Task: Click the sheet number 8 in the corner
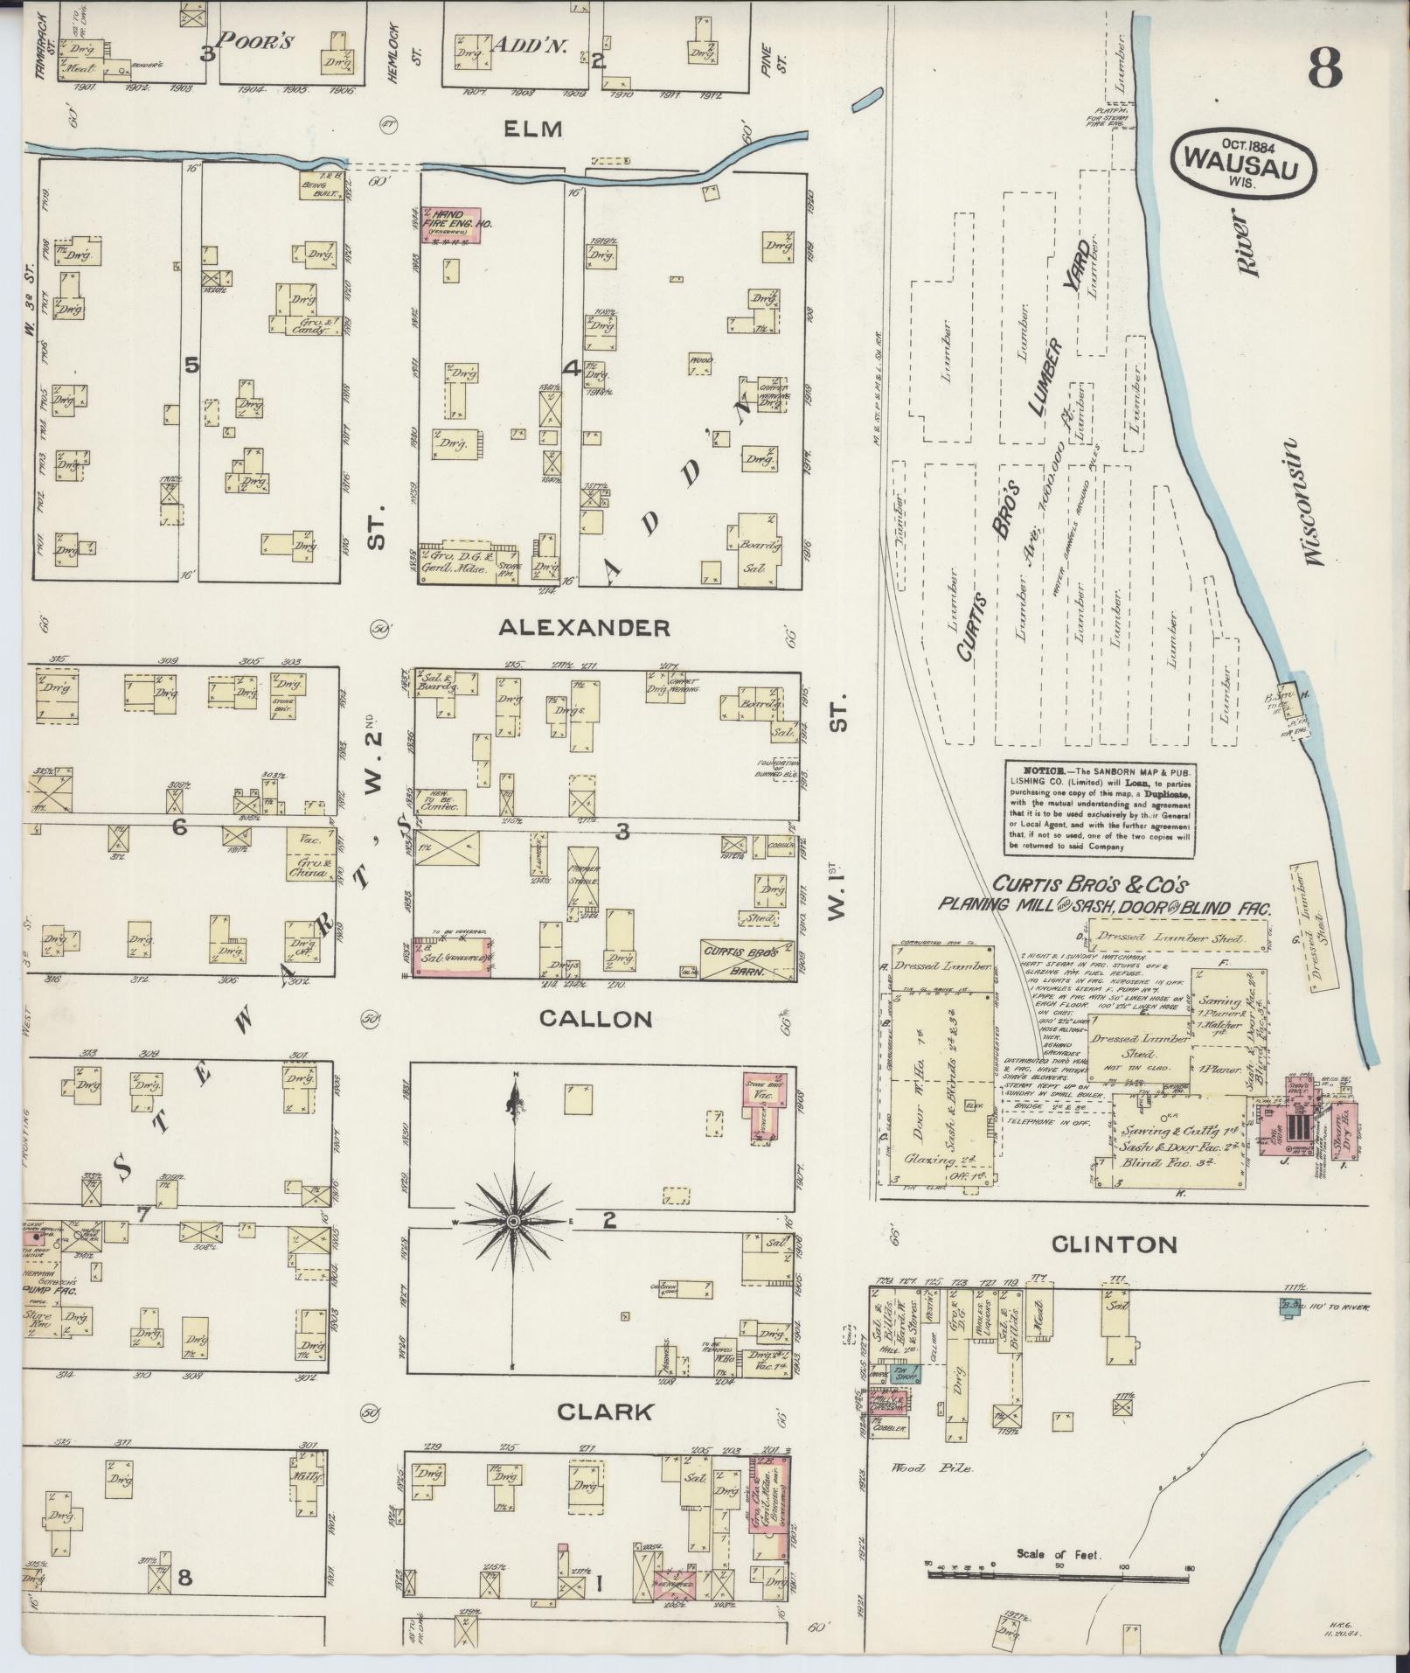click(1325, 68)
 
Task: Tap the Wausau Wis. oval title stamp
click(1244, 159)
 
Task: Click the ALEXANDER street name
click(584, 627)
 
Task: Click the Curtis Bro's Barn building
click(747, 952)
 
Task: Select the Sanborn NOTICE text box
click(1099, 807)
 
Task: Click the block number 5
click(191, 365)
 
